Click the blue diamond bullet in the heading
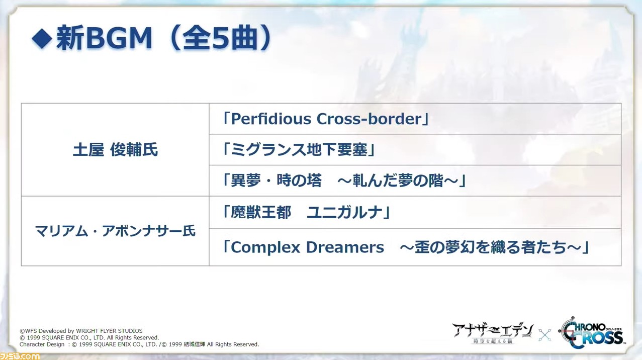[x=42, y=38]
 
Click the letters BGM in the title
[x=119, y=38]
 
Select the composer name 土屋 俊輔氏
[x=115, y=150]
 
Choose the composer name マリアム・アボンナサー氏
[x=115, y=231]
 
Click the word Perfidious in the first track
[x=271, y=119]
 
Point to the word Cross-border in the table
[x=369, y=119]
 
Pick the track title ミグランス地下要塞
[x=299, y=150]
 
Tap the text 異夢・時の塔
[x=276, y=181]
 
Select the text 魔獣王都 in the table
[x=261, y=213]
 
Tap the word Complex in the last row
[x=265, y=247]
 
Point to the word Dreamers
[x=345, y=247]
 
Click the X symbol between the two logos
[x=545, y=335]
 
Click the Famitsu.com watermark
[x=20, y=356]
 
